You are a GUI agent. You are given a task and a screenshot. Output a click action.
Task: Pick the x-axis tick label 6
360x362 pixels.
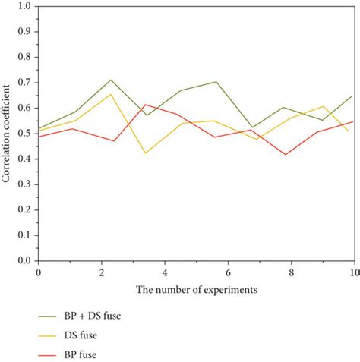coord(227,272)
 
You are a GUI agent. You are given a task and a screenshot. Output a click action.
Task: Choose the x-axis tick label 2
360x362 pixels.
coord(101,272)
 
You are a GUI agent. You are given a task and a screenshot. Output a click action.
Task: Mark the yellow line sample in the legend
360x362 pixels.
coord(51,335)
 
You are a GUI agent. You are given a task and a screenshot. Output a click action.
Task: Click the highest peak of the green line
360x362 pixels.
coord(111,80)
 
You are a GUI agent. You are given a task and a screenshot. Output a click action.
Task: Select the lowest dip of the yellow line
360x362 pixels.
coord(146,153)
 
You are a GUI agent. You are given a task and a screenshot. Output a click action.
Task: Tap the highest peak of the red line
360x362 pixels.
coord(146,105)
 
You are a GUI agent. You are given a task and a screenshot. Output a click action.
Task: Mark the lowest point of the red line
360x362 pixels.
coord(286,154)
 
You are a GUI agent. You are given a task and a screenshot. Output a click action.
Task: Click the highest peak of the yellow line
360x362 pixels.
coord(111,94)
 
